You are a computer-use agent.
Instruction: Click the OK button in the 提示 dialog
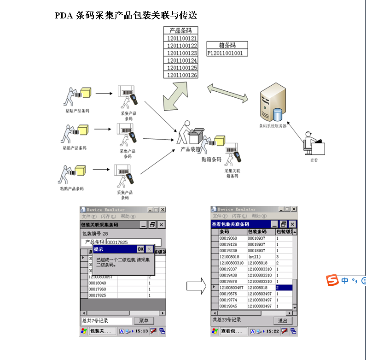point(140,249)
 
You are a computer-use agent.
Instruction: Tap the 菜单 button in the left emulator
point(143,320)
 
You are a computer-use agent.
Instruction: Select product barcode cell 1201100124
point(182,60)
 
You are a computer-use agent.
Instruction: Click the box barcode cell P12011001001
point(227,53)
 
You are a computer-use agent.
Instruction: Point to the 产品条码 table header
point(180,31)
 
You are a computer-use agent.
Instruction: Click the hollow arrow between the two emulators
point(195,286)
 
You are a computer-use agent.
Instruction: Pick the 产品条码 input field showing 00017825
point(134,242)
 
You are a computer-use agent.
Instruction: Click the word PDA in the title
point(64,16)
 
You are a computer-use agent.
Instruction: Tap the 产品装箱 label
point(190,149)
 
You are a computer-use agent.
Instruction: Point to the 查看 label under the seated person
point(314,160)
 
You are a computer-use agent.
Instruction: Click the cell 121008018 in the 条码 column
point(229,256)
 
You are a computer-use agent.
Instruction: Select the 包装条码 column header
point(261,231)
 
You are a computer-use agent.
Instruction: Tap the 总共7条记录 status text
point(96,320)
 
